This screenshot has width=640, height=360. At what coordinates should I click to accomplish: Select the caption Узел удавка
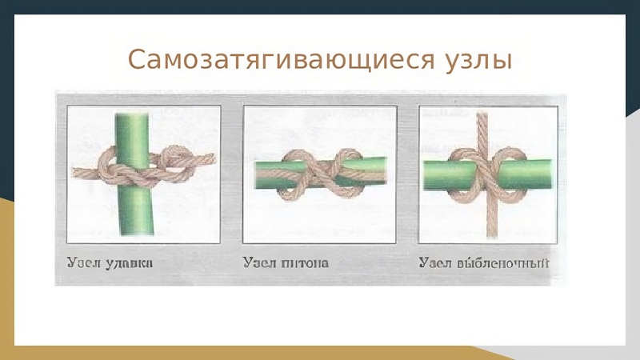(110, 262)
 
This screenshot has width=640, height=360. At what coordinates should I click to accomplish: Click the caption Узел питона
(286, 262)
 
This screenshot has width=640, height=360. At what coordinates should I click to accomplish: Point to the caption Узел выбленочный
(484, 262)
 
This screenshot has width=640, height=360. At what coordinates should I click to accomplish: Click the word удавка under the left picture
(130, 263)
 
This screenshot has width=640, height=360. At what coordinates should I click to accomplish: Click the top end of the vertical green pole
(132, 114)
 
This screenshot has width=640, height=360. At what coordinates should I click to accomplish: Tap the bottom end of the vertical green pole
(137, 234)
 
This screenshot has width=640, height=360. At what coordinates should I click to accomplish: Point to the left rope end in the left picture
(74, 173)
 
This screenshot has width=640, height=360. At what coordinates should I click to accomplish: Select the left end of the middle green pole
(256, 175)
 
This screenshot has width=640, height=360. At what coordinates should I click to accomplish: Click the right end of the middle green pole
(384, 170)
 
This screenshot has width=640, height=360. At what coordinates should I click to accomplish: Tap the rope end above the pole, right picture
(482, 114)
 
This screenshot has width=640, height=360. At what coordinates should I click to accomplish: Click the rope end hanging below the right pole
(492, 235)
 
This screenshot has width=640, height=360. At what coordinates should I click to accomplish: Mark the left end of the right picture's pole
(426, 175)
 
